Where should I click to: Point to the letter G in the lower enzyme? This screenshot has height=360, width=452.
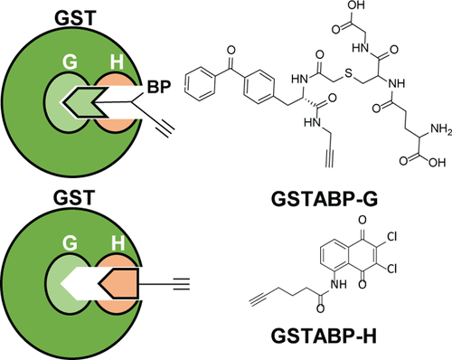[x=69, y=245]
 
